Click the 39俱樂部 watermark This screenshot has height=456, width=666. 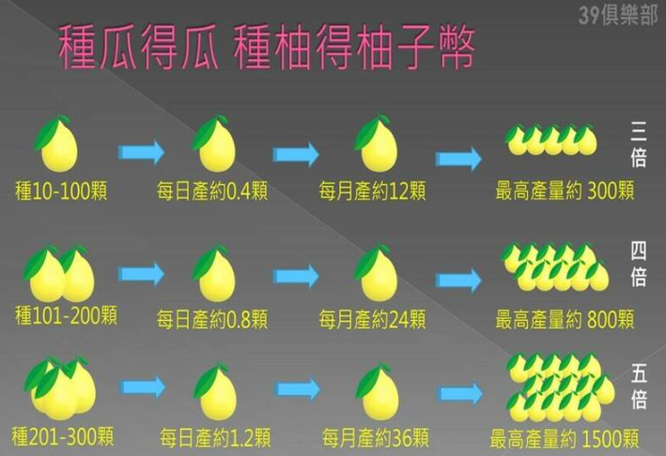[x=617, y=16]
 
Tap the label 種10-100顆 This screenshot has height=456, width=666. [x=61, y=190]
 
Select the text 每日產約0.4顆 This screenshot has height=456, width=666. [x=212, y=190]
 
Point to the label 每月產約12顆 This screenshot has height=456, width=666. [x=372, y=190]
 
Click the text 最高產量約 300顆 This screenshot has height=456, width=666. [x=565, y=190]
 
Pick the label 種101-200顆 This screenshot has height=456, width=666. [x=66, y=315]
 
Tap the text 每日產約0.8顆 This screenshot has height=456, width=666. [x=212, y=319]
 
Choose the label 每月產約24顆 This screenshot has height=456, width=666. [x=372, y=319]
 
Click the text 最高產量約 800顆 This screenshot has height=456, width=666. [x=565, y=319]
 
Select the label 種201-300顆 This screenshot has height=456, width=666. [x=62, y=436]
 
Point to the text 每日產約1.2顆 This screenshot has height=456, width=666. [x=215, y=438]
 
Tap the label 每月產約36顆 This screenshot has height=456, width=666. [x=375, y=438]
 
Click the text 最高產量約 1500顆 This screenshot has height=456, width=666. [x=564, y=438]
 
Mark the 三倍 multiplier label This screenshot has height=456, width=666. [x=638, y=144]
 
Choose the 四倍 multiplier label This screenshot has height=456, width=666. [x=638, y=265]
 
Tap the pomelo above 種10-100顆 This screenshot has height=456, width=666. [x=57, y=144]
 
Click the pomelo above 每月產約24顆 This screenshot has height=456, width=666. [x=377, y=273]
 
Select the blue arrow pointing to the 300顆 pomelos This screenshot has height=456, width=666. [x=458, y=159]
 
